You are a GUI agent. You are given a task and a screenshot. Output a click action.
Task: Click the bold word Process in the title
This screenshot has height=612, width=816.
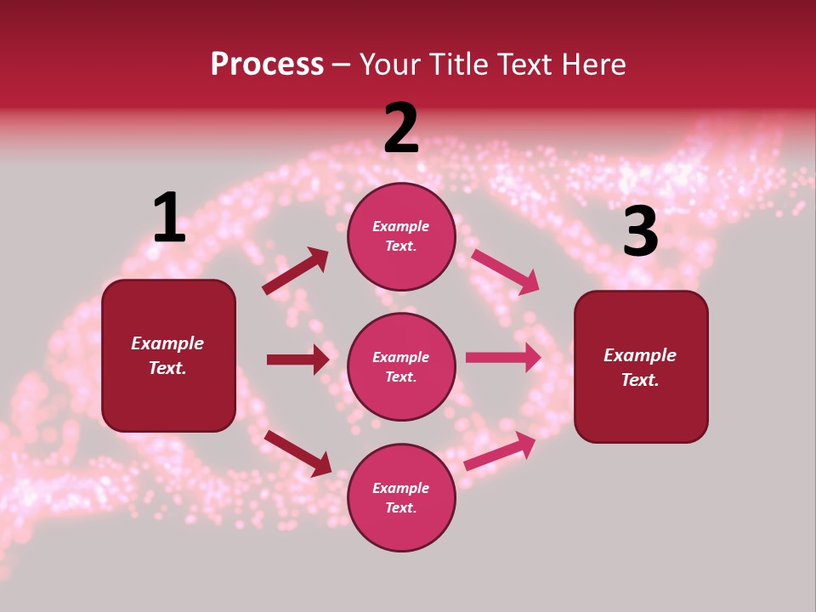click(267, 65)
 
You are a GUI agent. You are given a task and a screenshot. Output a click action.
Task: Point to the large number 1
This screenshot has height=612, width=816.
click(169, 218)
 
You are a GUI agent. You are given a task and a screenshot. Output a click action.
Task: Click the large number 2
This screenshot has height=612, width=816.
click(401, 128)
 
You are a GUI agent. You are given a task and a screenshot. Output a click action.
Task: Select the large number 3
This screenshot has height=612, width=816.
click(640, 231)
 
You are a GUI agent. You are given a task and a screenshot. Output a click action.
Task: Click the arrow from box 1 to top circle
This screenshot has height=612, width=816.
click(295, 271)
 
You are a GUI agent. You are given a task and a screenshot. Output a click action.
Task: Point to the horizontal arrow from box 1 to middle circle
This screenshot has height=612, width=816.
click(297, 360)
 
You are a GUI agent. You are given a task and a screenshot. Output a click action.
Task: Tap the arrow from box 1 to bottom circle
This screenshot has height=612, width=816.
click(297, 452)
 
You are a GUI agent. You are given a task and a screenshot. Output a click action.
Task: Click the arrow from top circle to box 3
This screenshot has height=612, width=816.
click(505, 271)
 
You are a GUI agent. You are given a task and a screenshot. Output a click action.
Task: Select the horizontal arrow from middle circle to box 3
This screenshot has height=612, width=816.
click(503, 358)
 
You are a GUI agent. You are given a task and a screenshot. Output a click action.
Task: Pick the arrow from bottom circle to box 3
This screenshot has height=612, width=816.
click(500, 451)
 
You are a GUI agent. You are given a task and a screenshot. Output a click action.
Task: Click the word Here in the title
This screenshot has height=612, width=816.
click(592, 65)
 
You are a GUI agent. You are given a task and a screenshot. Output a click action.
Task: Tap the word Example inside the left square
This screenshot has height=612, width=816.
click(167, 343)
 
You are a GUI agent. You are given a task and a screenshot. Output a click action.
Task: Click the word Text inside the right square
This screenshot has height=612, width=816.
click(639, 380)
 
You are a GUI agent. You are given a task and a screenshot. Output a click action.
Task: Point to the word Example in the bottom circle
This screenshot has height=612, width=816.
click(401, 488)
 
